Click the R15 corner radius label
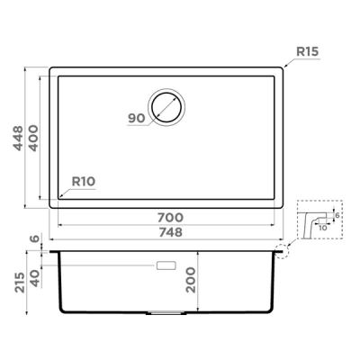pos(306,51)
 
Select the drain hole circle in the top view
pos(166,105)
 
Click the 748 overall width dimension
pos(170,233)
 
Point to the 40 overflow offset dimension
pos(34,278)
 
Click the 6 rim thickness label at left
pos(34,239)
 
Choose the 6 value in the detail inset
pos(336,216)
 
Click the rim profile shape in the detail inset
pos(310,225)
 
